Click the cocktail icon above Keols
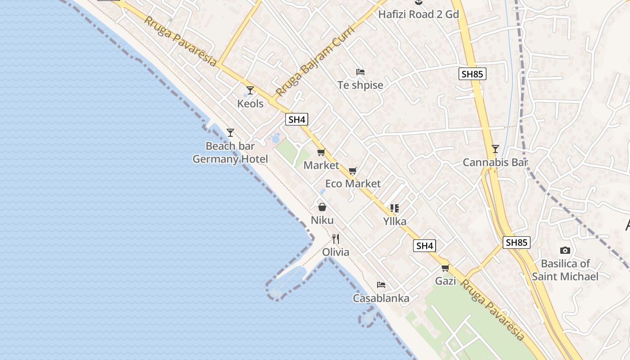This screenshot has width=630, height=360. coord(250,90)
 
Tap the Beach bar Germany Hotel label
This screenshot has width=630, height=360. coord(230,153)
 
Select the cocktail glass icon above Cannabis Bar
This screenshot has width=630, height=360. coord(495,149)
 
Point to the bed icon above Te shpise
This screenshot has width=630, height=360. coord(360,72)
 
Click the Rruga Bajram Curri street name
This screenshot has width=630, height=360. coord(315,61)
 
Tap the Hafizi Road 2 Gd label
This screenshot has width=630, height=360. coord(418,14)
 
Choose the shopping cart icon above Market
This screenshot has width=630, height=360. coord(321,153)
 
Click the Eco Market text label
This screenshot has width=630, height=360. coord(353,184)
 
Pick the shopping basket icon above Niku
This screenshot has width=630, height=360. coord(322,207)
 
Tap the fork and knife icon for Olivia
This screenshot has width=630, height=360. coord(336,238)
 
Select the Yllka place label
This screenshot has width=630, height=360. coord(395,221)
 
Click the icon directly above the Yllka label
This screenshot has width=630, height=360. coord(395,208)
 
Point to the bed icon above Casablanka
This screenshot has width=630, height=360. coord(381,285)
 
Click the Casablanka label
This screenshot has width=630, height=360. coord(381,298)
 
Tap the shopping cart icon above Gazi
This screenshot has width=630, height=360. coord(445,268)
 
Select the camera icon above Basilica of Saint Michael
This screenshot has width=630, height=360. coord(565,251)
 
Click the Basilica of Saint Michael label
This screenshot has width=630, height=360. coord(565,270)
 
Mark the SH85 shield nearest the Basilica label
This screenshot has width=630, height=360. coord(516,243)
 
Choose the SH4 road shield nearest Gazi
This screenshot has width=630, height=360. coord(425,246)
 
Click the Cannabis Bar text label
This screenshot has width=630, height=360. coord(495,162)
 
